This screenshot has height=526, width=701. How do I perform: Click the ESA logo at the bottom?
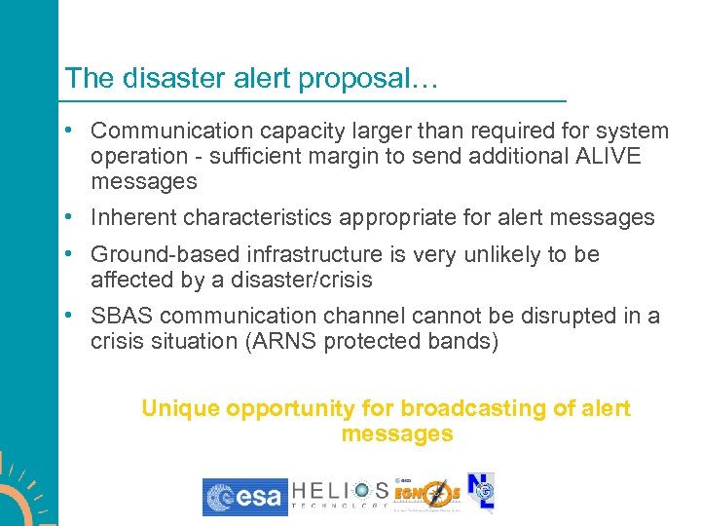click(x=244, y=497)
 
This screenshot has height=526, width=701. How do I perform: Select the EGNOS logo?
click(x=427, y=496)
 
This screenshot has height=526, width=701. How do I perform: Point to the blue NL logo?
click(x=481, y=493)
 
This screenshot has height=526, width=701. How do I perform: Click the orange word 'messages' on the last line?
click(x=397, y=434)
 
